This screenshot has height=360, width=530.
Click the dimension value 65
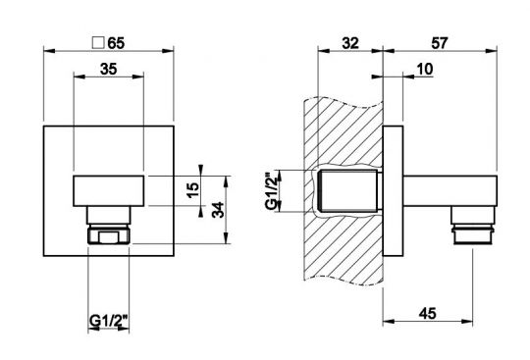pos(116,43)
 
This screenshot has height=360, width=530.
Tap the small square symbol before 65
pos(98,43)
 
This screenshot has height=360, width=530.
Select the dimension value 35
pos(109,69)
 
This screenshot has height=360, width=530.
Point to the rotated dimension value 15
pos(192,190)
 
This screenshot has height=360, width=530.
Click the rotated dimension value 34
pos(218,210)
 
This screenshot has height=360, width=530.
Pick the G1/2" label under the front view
pos(109,320)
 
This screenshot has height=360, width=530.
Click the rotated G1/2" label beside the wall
pos(272,191)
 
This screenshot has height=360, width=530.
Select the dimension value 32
pos(350,43)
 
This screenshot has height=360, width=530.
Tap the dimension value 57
pos(440,43)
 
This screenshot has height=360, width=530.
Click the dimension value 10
pos(425,69)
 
